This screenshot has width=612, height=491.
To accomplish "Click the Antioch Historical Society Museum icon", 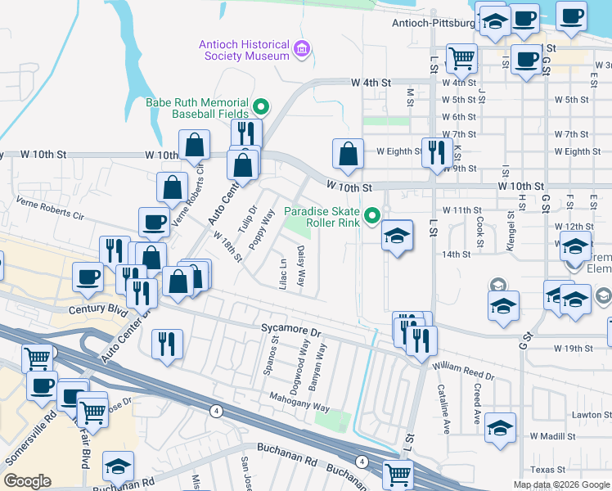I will [303, 51].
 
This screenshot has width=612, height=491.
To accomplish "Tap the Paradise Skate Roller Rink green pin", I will [373, 217].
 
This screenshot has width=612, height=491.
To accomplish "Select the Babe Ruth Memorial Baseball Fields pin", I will [261, 106].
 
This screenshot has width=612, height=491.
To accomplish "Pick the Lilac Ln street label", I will [283, 273].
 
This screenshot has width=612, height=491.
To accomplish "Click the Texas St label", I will [548, 470].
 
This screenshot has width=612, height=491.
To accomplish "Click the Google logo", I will [27, 481].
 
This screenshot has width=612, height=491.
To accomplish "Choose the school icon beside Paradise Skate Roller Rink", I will [397, 236].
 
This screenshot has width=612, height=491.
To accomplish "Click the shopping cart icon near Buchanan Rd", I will [398, 473].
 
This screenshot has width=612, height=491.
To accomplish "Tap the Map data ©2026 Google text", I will [560, 484].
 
